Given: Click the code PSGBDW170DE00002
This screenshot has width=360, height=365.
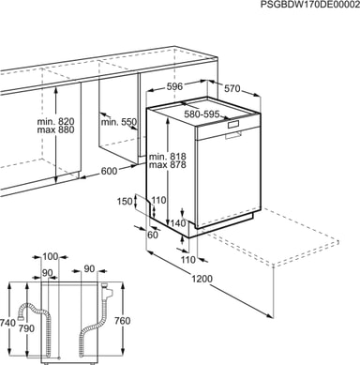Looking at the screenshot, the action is [x=310, y=5].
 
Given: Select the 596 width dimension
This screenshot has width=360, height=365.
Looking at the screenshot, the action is [x=174, y=86].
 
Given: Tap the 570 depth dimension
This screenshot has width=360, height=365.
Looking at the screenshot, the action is [x=232, y=89].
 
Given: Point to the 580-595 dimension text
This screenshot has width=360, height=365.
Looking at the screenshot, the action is [x=202, y=114].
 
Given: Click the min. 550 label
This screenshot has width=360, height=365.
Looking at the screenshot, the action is [x=118, y=122].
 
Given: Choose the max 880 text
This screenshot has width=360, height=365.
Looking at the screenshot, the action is [x=56, y=129].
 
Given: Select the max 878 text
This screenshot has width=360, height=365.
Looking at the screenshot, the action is [x=168, y=164].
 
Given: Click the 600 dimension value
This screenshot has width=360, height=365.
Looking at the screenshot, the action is [x=109, y=171].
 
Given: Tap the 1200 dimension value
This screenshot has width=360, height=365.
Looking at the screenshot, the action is [x=202, y=279].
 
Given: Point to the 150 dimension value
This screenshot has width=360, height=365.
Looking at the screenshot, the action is [x=125, y=202].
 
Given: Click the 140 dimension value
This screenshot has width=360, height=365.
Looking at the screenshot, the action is [x=177, y=223].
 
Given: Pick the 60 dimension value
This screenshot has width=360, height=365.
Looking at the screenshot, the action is [x=153, y=235].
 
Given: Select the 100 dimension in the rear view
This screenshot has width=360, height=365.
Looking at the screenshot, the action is [x=51, y=256].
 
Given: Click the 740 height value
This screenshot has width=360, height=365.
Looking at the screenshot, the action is [x=8, y=323].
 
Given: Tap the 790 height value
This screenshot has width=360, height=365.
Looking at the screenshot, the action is [x=26, y=328].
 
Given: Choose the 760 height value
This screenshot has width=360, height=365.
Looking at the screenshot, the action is [x=122, y=321].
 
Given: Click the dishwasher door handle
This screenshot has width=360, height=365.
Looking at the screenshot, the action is [x=232, y=135].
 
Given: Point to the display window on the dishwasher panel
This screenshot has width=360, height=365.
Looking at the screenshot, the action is [x=232, y=125].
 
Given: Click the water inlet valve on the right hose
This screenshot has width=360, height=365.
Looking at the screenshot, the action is [x=106, y=291].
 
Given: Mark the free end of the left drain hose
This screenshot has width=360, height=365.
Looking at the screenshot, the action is [x=21, y=317].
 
